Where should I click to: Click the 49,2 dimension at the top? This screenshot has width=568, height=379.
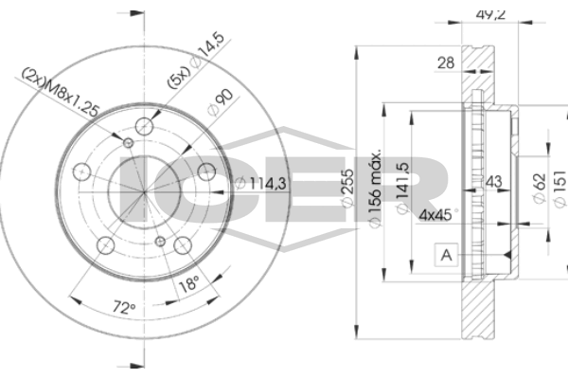coord(490,14)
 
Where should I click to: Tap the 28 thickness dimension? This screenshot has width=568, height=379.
coord(446,63)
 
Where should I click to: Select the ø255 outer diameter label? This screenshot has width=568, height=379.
coord(347,189)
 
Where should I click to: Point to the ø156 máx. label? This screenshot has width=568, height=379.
coord(375,188)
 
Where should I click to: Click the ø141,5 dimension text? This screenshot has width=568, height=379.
coord(402,188)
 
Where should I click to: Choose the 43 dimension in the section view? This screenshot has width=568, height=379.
coord(494,182)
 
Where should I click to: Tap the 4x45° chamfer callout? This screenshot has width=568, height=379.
coord(438,215)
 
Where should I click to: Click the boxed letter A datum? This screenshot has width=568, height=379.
coord(446,255)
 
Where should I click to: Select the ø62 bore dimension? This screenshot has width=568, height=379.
coord(539,189)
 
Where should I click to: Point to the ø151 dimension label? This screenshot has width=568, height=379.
coord(559,189)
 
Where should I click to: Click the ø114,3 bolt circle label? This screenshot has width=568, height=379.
coord(261,183)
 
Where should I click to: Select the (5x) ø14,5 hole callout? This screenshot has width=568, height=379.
coord(196,61)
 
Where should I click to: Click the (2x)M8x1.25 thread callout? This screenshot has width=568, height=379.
coord(61,92)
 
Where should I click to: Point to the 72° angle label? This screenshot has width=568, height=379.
coord(124,308)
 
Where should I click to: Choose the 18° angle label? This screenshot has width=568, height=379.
coord(189,283)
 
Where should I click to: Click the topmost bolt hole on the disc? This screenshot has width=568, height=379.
coord(144,126)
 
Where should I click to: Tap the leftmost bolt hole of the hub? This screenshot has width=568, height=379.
coord(81,171)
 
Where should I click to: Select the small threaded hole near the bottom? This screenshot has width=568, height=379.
coord(160,242)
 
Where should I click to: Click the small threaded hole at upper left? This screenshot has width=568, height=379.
coord(128,143)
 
